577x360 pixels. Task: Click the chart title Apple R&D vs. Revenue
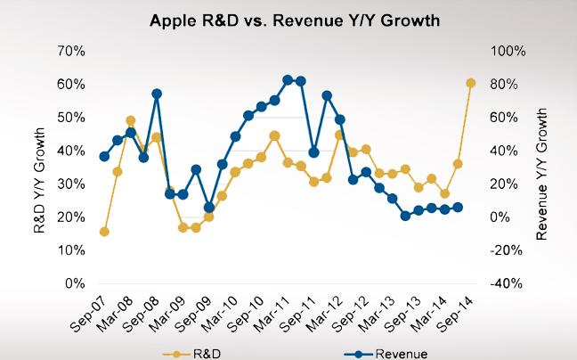tap(288, 20)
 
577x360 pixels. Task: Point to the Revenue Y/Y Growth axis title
tap(545, 168)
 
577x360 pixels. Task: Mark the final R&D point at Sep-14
tap(471, 83)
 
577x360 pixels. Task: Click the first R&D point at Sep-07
tap(104, 232)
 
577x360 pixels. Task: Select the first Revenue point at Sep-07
tap(104, 157)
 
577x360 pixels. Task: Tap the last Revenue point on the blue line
tap(458, 208)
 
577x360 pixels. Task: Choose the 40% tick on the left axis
tap(72, 151)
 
